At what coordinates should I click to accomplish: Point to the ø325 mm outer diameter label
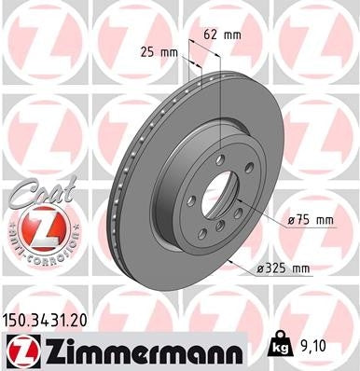284,268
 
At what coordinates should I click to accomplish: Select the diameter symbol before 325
260,268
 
